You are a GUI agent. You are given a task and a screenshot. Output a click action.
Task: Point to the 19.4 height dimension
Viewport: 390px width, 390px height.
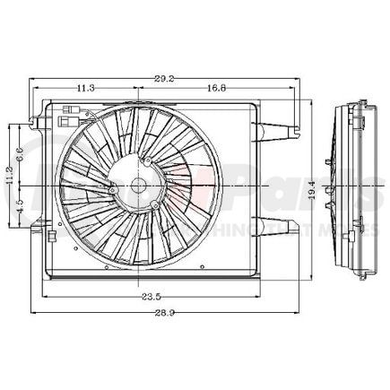tap(311, 189)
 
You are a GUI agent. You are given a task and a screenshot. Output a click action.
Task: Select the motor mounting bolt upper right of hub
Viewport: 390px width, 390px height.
tap(144, 160)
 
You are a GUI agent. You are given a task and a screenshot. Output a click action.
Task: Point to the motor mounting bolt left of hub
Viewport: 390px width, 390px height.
tap(111, 190)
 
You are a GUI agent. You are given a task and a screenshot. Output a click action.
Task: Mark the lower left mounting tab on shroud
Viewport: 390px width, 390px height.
tap(38, 230)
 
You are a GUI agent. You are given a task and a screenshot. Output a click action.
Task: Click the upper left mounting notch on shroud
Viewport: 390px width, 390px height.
tap(35, 117)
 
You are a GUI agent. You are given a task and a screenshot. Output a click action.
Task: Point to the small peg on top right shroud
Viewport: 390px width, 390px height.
tap(295, 134)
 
